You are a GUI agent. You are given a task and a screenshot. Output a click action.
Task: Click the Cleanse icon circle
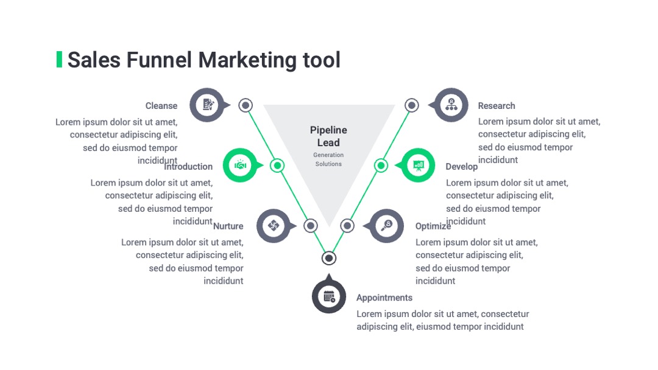point(207,105)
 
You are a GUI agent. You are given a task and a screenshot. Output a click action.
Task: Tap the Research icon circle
point(451,105)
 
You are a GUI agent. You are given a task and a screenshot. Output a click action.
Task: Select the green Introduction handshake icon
point(240,165)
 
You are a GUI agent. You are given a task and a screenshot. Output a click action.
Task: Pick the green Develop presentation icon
point(418,165)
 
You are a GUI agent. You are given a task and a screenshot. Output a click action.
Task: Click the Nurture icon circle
point(274,226)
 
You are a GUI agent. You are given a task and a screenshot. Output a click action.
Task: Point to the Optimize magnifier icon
point(386,226)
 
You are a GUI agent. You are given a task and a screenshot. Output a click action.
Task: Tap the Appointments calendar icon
point(329,296)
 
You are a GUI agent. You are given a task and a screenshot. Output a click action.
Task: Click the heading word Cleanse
point(161,106)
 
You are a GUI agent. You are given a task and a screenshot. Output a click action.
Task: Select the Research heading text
point(497,106)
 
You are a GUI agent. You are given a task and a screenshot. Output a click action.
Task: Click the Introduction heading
point(188,166)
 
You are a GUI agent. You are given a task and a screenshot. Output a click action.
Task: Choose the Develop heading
point(462,167)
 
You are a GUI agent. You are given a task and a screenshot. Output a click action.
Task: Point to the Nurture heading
point(228,226)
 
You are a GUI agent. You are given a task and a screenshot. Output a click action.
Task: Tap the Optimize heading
point(433,226)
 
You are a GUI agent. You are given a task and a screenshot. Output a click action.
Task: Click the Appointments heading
point(384,298)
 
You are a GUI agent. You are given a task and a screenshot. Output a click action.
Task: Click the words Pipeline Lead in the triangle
point(328,136)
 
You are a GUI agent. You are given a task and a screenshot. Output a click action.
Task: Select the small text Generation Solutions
point(328,159)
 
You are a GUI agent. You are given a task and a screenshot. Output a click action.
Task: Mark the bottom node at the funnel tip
point(329,258)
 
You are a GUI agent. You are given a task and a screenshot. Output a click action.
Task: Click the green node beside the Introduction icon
point(277,166)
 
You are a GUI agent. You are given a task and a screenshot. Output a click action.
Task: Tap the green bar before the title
point(59,59)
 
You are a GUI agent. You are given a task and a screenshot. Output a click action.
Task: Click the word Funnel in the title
point(159,60)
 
